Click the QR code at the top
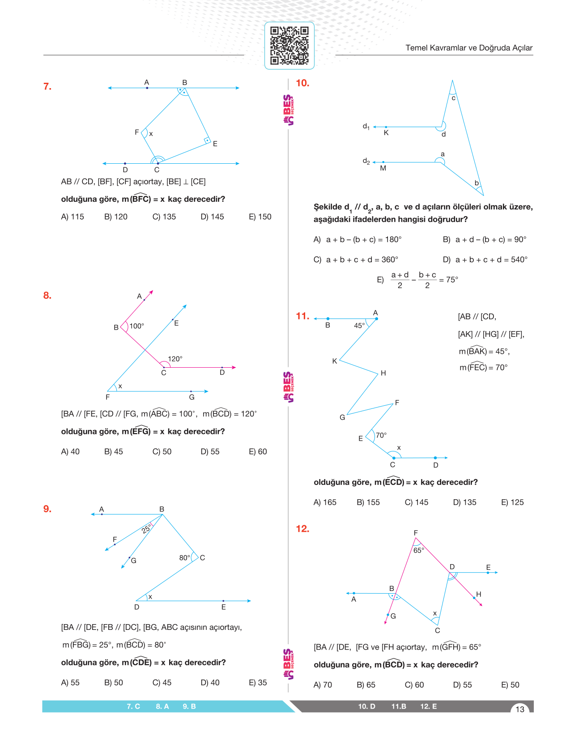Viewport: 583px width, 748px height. [x=289, y=46]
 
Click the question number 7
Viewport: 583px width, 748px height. [x=47, y=86]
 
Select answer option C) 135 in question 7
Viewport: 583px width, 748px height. [x=164, y=217]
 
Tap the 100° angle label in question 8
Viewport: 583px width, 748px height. [x=137, y=326]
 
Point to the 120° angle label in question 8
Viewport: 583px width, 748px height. [x=175, y=359]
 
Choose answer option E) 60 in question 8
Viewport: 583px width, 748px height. [x=258, y=452]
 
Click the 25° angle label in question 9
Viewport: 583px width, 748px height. [x=146, y=530]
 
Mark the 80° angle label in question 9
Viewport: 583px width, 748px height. [x=184, y=558]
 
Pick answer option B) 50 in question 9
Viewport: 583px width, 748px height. [x=114, y=683]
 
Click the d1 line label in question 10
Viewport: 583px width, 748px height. [x=366, y=127]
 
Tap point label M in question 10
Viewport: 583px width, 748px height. [x=383, y=168]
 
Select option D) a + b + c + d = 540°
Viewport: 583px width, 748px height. [x=485, y=260]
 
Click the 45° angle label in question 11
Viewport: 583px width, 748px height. [x=359, y=326]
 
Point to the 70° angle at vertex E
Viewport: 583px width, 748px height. [x=381, y=435]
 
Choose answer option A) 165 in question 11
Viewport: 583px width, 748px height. [x=325, y=502]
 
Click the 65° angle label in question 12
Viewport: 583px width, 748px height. [x=419, y=550]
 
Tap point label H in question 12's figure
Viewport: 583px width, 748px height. [x=479, y=594]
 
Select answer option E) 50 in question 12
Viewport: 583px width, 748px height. [x=510, y=685]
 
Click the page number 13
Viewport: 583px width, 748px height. [x=520, y=709]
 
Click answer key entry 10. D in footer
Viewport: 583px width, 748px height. [x=366, y=706]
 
